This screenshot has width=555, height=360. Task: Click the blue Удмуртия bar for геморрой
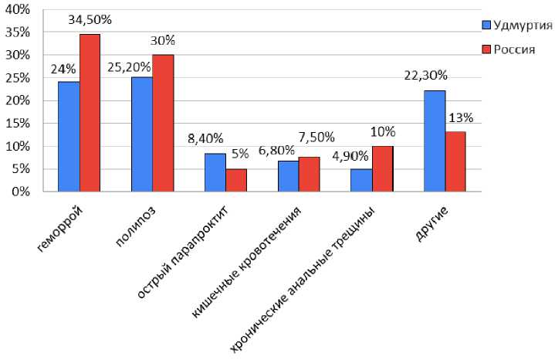pos(69,136)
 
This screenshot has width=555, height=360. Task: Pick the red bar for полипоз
pos(163,123)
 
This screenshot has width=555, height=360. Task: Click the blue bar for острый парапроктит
pos(215,172)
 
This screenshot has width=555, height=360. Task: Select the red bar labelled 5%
pos(236,180)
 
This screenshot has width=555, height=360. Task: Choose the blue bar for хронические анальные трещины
pos(361,180)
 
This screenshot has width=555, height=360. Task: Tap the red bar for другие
pos(455,161)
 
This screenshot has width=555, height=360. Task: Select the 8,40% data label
pos(205,139)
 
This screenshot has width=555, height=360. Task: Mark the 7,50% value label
pos(316,138)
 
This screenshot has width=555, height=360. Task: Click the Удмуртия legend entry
pos(516,24)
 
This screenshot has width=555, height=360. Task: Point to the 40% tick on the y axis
pos(17,9)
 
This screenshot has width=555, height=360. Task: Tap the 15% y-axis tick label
pos(17,124)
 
